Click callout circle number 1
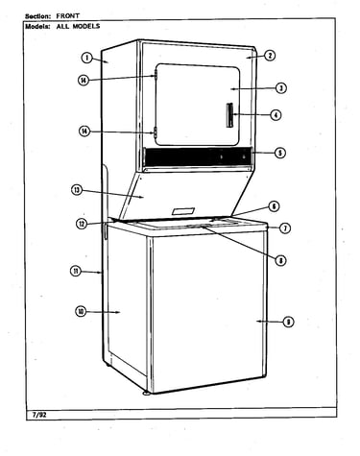coord(86,58)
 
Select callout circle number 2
coord(270,56)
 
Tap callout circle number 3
coord(280,87)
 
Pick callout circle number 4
coord(276,114)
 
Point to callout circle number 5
coord(280,153)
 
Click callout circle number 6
coord(274,206)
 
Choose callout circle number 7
coord(285,228)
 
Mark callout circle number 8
coord(280,260)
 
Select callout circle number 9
coord(288,323)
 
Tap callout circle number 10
coord(81,312)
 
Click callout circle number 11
coord(76,272)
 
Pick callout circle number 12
coord(82,224)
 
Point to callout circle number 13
coord(77,190)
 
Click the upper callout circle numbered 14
coord(84,80)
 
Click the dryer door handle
coord(229,115)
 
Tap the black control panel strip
coord(198,156)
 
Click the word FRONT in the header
coord(68,15)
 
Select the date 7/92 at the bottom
coord(39,415)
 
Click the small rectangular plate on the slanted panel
coord(183,211)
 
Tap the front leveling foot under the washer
coord(147,393)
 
